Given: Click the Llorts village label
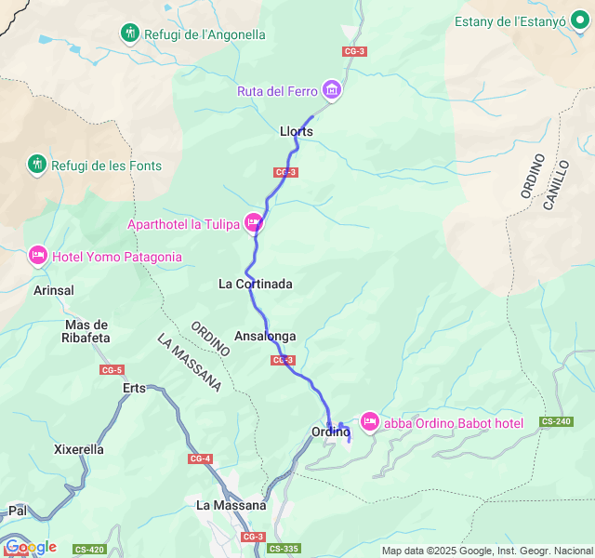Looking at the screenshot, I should [x=297, y=131].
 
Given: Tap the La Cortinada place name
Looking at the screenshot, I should [x=256, y=284].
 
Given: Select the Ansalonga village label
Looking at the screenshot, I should [x=266, y=336].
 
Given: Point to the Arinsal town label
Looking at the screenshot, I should [x=53, y=290].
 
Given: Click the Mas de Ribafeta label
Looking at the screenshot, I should [x=87, y=331].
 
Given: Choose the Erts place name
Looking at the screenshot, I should [x=135, y=388].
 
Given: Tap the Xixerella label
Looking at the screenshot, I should [x=79, y=449].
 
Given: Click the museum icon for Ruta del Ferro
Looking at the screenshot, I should [x=332, y=90].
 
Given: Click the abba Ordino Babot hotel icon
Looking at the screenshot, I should [x=369, y=423].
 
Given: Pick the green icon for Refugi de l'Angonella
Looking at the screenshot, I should [x=130, y=34].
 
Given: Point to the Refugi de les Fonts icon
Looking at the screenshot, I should [x=36, y=166].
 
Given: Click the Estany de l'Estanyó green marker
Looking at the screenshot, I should [x=581, y=22].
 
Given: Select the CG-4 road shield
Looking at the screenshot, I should [x=200, y=458].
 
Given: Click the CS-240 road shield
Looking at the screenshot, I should [x=556, y=421].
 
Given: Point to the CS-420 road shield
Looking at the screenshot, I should [x=89, y=549].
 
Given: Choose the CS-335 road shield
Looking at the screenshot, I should [x=284, y=549].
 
